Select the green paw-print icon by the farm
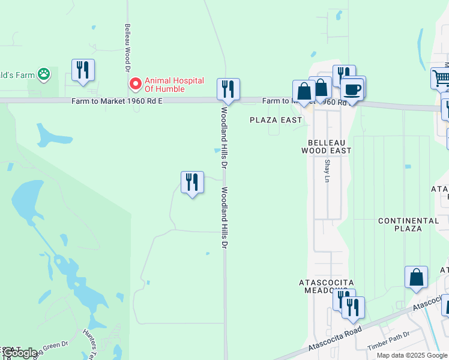[x=44, y=74]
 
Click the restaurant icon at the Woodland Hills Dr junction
[x=228, y=89]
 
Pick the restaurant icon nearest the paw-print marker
[x=82, y=70]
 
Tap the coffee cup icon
[x=353, y=89]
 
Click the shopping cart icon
[x=441, y=78]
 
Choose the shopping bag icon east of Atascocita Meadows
[x=416, y=277]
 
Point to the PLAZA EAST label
[x=276, y=120]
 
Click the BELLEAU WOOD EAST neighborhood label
[x=329, y=147]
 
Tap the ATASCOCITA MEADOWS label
[x=327, y=286]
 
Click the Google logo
[x=20, y=353]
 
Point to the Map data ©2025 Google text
[x=412, y=355]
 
